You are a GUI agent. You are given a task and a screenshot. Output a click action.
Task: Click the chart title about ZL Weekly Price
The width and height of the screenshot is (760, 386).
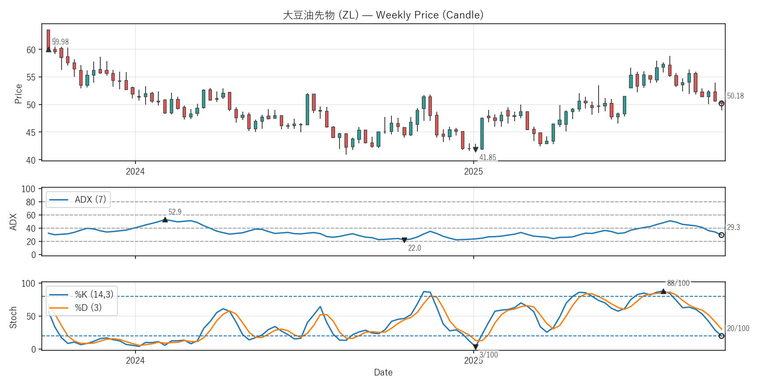coord(383,15)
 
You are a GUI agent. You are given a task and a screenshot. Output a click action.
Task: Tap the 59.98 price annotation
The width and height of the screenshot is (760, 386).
coord(60,42)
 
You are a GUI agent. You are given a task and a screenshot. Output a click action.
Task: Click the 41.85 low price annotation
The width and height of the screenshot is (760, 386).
coord(487,157)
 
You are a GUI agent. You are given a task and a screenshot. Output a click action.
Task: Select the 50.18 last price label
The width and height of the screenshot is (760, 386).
coord(735,96)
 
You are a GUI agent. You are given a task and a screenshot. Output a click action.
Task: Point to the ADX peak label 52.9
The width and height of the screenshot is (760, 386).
coord(175,212)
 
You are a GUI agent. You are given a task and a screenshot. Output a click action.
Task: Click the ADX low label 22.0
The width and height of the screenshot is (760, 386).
coord(414,248)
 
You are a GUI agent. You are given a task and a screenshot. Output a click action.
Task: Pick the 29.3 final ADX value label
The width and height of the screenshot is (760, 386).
coord(733,227)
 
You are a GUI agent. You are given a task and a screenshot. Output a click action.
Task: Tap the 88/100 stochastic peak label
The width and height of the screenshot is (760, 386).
coord(678,283)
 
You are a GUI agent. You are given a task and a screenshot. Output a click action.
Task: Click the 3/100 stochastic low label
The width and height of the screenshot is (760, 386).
coord(489,355)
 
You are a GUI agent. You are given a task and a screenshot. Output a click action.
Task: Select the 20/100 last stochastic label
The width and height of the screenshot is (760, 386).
coord(738,328)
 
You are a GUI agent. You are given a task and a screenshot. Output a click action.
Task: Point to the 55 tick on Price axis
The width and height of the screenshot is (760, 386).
coord(31,77)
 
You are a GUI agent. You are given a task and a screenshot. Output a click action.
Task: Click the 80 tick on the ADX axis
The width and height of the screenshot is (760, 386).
coord(30,202)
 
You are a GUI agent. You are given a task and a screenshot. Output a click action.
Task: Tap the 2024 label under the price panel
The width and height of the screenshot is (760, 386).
coord(135,171)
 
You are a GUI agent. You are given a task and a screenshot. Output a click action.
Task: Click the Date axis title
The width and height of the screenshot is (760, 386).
coord(383,372)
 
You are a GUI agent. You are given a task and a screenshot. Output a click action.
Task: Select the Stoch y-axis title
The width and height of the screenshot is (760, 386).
coord(13,317)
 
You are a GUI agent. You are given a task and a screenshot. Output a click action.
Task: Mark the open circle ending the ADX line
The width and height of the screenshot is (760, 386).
coord(721,235)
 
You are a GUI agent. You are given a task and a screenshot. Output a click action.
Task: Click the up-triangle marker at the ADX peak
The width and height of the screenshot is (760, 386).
coord(165,219)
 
